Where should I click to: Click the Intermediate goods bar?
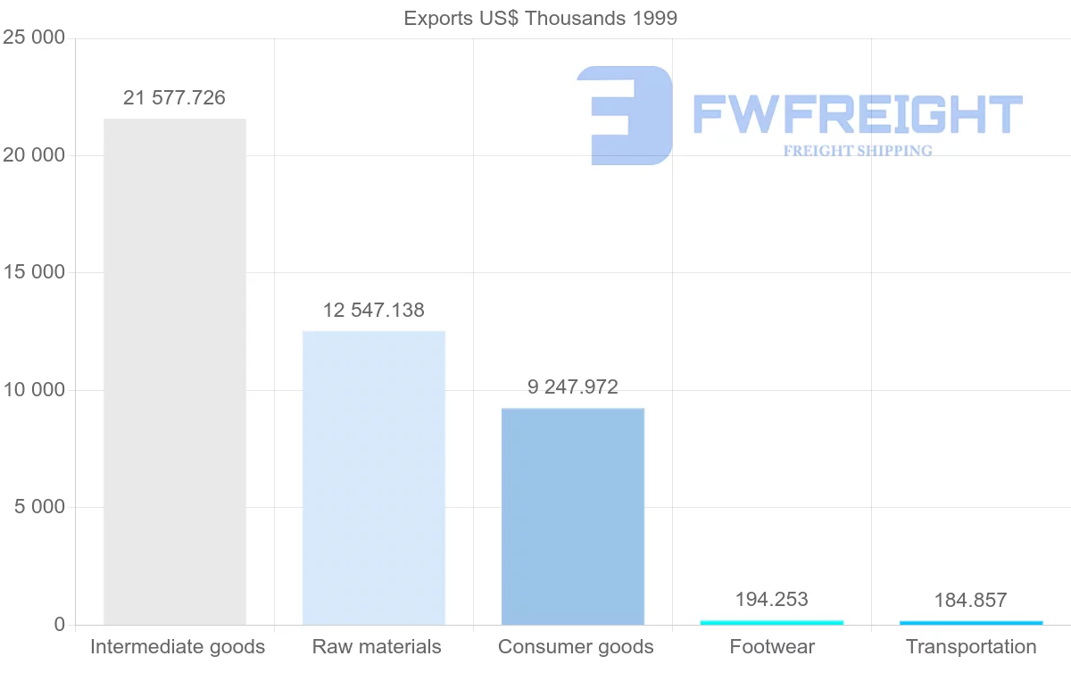pyautogui.click(x=175, y=371)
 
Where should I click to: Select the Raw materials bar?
pyautogui.click(x=374, y=478)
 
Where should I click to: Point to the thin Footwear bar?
pyautogui.click(x=772, y=622)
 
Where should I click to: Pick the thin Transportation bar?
pyautogui.click(x=971, y=622)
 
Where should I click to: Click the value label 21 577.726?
pyautogui.click(x=175, y=98)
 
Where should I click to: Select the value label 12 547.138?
pyautogui.click(x=374, y=311)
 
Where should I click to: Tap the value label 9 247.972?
pyautogui.click(x=573, y=387)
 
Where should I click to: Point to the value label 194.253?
pyautogui.click(x=772, y=599)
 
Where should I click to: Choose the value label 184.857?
pyautogui.click(x=971, y=600)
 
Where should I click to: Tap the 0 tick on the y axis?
pyautogui.click(x=60, y=625)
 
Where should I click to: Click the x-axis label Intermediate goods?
pyautogui.click(x=178, y=647)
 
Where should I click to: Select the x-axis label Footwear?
pyautogui.click(x=772, y=647)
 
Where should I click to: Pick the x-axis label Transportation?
pyautogui.click(x=971, y=647)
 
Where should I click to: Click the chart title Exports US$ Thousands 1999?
pyautogui.click(x=541, y=18)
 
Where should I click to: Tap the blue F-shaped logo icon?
pyautogui.click(x=625, y=115)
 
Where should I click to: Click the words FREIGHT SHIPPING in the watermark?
pyautogui.click(x=858, y=151)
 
